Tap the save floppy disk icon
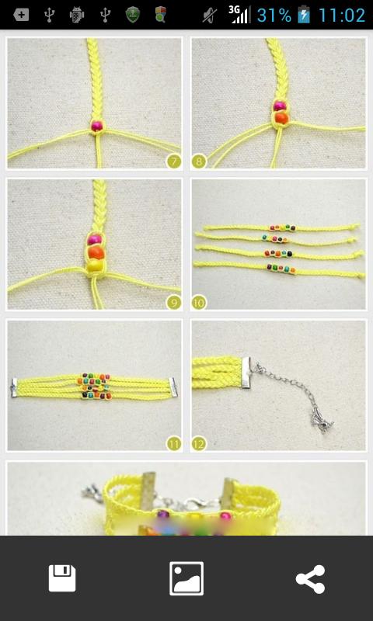62,578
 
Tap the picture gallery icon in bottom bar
186,578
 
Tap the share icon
310,579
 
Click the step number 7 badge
173,161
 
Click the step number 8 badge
199,161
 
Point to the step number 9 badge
173,302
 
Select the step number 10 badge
199,302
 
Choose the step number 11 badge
173,443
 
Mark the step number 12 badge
199,443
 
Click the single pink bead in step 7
97,125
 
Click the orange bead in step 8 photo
281,117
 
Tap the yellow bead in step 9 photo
94,265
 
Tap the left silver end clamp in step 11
16,388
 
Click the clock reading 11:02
341,15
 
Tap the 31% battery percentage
274,15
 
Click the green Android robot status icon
76,15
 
